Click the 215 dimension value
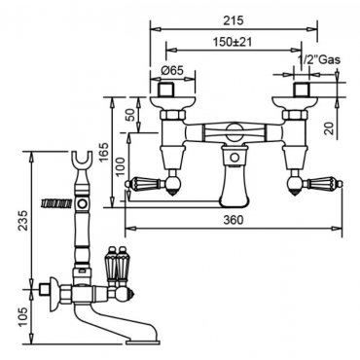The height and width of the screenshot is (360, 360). (x=234, y=20)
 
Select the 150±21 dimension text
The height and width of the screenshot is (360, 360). (x=233, y=42)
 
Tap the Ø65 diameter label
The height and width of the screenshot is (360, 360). (x=172, y=70)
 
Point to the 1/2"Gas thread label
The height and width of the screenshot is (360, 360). (x=319, y=59)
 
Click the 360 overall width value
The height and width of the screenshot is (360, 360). (x=234, y=220)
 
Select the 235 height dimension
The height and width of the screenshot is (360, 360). (x=23, y=220)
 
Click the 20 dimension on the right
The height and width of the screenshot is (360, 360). (x=329, y=128)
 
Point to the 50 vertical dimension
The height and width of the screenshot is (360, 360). (x=130, y=115)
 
